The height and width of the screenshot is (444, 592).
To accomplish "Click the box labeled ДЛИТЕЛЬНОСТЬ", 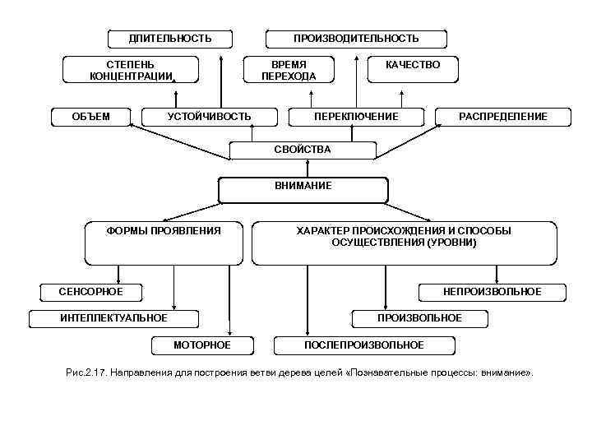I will pos(170,39).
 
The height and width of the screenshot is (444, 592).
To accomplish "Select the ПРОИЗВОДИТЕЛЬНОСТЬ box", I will pos(356,39).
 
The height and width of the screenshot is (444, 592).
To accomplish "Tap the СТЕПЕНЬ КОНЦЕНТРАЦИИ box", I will pos(132,70).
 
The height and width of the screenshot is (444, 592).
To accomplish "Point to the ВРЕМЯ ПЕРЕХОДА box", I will pos(289,70).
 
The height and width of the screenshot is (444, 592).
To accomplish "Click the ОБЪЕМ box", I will pos(91,117).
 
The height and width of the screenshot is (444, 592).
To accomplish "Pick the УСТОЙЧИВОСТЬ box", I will pos(210,117).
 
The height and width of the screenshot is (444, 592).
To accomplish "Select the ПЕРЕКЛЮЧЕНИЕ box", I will pos(356,117).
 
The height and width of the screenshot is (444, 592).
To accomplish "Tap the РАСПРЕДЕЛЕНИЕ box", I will pos(502,117).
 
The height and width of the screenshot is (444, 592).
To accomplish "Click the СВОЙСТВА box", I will pos(303,150).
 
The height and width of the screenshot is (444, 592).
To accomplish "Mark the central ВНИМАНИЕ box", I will pos(303,187).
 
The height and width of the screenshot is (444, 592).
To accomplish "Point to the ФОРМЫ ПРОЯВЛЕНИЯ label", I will pos(164,231).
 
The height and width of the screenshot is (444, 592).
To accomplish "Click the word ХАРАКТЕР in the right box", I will pos(323,231).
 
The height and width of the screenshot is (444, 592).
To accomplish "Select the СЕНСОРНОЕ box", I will pos(91,292).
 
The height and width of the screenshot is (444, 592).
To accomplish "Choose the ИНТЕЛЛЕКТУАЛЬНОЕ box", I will pos(114,318).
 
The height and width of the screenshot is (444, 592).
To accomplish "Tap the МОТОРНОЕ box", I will pos(202,345).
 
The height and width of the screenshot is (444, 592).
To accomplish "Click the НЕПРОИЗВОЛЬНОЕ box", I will pos(492,292).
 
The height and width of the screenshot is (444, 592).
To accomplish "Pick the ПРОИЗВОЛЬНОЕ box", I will pos(419,318).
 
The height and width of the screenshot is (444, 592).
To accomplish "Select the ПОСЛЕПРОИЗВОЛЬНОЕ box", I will pos(364,345).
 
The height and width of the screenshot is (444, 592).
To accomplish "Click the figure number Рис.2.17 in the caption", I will pos(85,373).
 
